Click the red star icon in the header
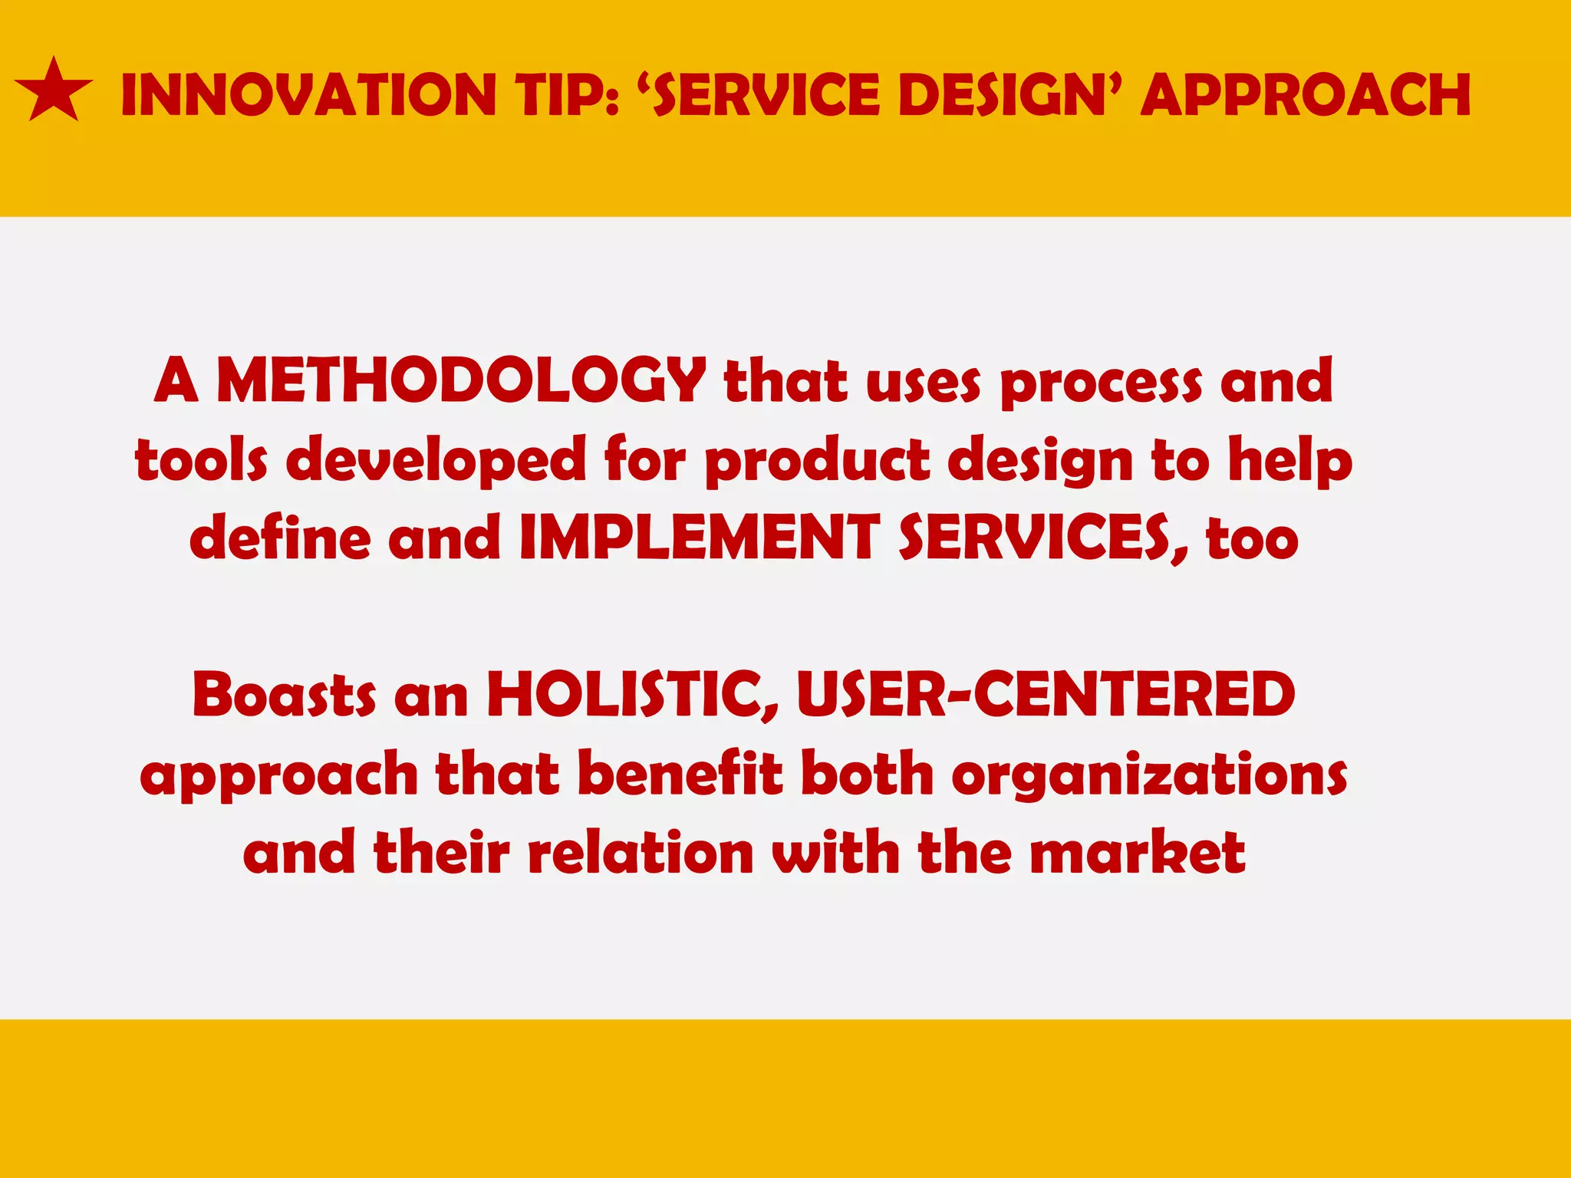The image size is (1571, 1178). coord(53,92)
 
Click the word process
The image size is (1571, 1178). coord(1101,383)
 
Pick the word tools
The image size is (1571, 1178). coord(201,460)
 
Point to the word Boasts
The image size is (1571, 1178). coord(284,694)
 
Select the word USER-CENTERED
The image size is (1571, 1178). coord(1046,694)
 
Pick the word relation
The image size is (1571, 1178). coord(641,853)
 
